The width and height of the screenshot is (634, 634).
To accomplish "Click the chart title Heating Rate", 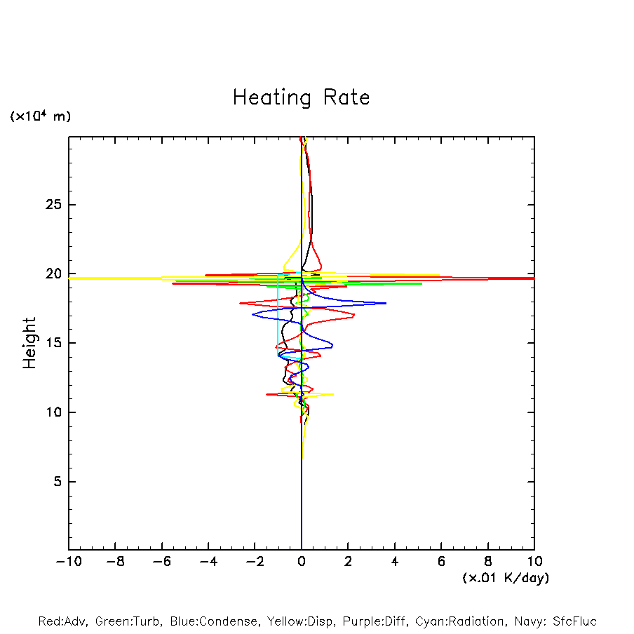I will click(301, 97).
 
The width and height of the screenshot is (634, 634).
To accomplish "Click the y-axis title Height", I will click(29, 343).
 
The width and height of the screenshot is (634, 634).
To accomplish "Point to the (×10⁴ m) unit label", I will click(41, 116).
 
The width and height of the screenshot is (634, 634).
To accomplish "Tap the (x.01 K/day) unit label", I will click(505, 578).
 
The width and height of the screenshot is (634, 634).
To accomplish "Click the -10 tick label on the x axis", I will click(68, 562).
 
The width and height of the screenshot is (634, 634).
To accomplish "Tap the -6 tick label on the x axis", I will click(161, 562).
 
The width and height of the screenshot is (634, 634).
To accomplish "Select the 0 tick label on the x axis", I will click(302, 562).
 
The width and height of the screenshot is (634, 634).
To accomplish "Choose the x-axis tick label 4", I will click(395, 562).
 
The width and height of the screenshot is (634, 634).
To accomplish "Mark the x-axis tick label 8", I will click(488, 562).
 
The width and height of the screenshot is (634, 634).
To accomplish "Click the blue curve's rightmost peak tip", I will click(386, 304).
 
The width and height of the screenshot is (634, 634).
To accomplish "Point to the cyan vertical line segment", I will click(278, 316).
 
